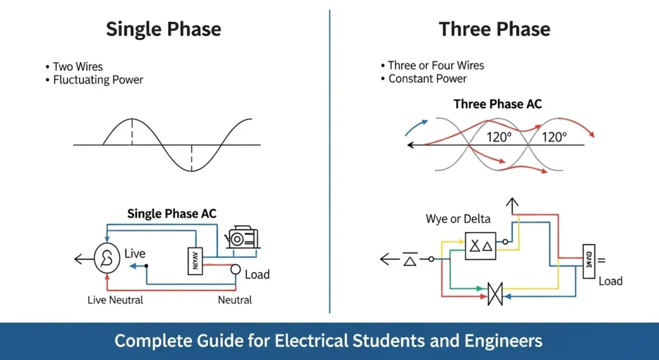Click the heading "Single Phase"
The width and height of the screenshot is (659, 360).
click(x=163, y=30)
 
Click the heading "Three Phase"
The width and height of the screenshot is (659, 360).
click(x=494, y=30)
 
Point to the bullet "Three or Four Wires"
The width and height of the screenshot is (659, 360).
click(x=436, y=66)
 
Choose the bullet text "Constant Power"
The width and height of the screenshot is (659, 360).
click(x=427, y=79)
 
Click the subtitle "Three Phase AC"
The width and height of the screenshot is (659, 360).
click(x=497, y=104)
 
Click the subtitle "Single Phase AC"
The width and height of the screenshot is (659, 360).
click(x=172, y=214)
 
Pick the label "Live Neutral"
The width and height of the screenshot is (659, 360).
click(x=115, y=300)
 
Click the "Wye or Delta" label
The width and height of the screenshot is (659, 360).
click(x=455, y=219)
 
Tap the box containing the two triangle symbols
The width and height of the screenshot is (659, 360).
click(x=481, y=246)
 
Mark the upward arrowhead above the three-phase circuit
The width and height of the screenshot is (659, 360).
click(x=514, y=205)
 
